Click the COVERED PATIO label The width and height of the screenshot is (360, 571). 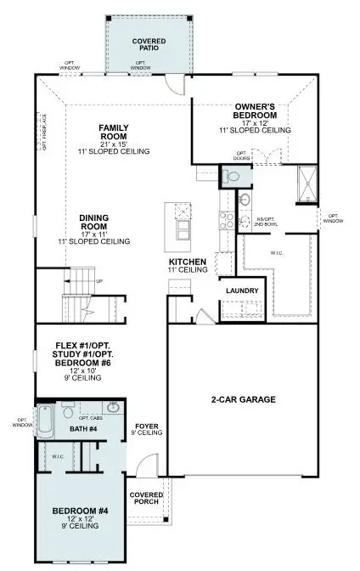[x=149, y=44]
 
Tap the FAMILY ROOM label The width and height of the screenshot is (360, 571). [x=113, y=131]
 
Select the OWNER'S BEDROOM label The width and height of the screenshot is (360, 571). [x=256, y=110]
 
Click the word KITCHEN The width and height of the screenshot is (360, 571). [x=188, y=261]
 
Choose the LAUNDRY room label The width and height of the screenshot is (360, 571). [x=241, y=291]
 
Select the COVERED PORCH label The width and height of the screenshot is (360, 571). [x=146, y=497]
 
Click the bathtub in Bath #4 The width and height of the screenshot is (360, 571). [x=48, y=419]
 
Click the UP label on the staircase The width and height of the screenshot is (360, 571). [x=101, y=280]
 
